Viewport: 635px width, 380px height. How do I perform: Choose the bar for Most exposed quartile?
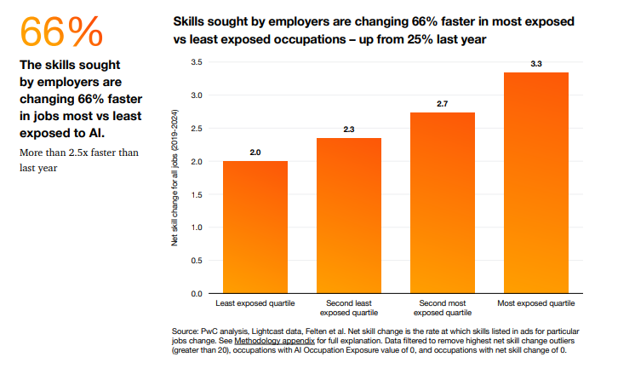click(x=536, y=183)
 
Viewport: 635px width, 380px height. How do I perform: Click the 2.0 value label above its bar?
click(x=255, y=152)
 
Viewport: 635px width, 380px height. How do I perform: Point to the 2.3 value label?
click(x=349, y=129)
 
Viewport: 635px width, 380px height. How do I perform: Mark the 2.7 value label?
click(x=443, y=103)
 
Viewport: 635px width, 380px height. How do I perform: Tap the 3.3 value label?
click(x=536, y=64)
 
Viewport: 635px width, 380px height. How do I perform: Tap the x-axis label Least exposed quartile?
click(x=255, y=303)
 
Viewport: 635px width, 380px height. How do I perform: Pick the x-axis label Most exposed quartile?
click(x=536, y=303)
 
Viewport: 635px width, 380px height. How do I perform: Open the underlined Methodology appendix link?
click(x=268, y=340)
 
